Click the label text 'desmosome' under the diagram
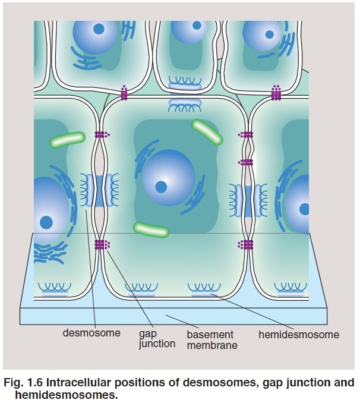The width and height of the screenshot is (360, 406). pos(91,333)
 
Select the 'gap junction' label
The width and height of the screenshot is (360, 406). pos(157,339)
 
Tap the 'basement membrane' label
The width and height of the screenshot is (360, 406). pos(211,339)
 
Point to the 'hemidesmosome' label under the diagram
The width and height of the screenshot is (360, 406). pos(299,335)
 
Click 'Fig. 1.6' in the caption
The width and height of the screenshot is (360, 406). pos(23,382)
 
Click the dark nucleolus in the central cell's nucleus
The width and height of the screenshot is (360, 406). pos(160,187)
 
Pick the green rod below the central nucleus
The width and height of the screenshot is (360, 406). pos(151,229)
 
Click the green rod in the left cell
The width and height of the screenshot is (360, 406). pos(67,140)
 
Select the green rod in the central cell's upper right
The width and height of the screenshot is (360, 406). pos(207,133)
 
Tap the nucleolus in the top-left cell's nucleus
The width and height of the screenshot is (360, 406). pos(100,28)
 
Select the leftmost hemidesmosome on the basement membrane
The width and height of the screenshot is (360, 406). pos(54,291)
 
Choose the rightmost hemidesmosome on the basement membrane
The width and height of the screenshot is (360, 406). pos(289,291)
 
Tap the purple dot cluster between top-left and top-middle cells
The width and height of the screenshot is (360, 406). pos(124,93)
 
